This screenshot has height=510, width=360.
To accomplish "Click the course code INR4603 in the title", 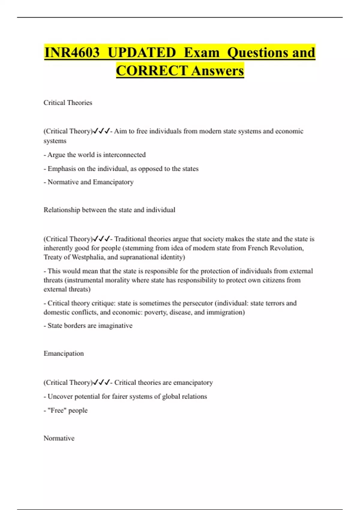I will coord(72,52).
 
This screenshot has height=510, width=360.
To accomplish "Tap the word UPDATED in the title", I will coord(142,52).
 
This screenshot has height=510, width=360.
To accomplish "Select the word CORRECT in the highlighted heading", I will coord(152,71).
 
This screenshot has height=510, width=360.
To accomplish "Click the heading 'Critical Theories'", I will coord(68,103).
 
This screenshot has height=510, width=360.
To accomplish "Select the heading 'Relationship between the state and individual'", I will coord(109,210).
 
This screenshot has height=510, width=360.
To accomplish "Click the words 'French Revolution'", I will coord(276,248).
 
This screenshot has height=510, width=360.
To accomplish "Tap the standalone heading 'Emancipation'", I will coord(64,353).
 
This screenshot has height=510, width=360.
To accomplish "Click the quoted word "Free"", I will coord(57,410).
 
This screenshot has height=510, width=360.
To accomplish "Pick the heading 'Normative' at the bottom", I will coord(59,438).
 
